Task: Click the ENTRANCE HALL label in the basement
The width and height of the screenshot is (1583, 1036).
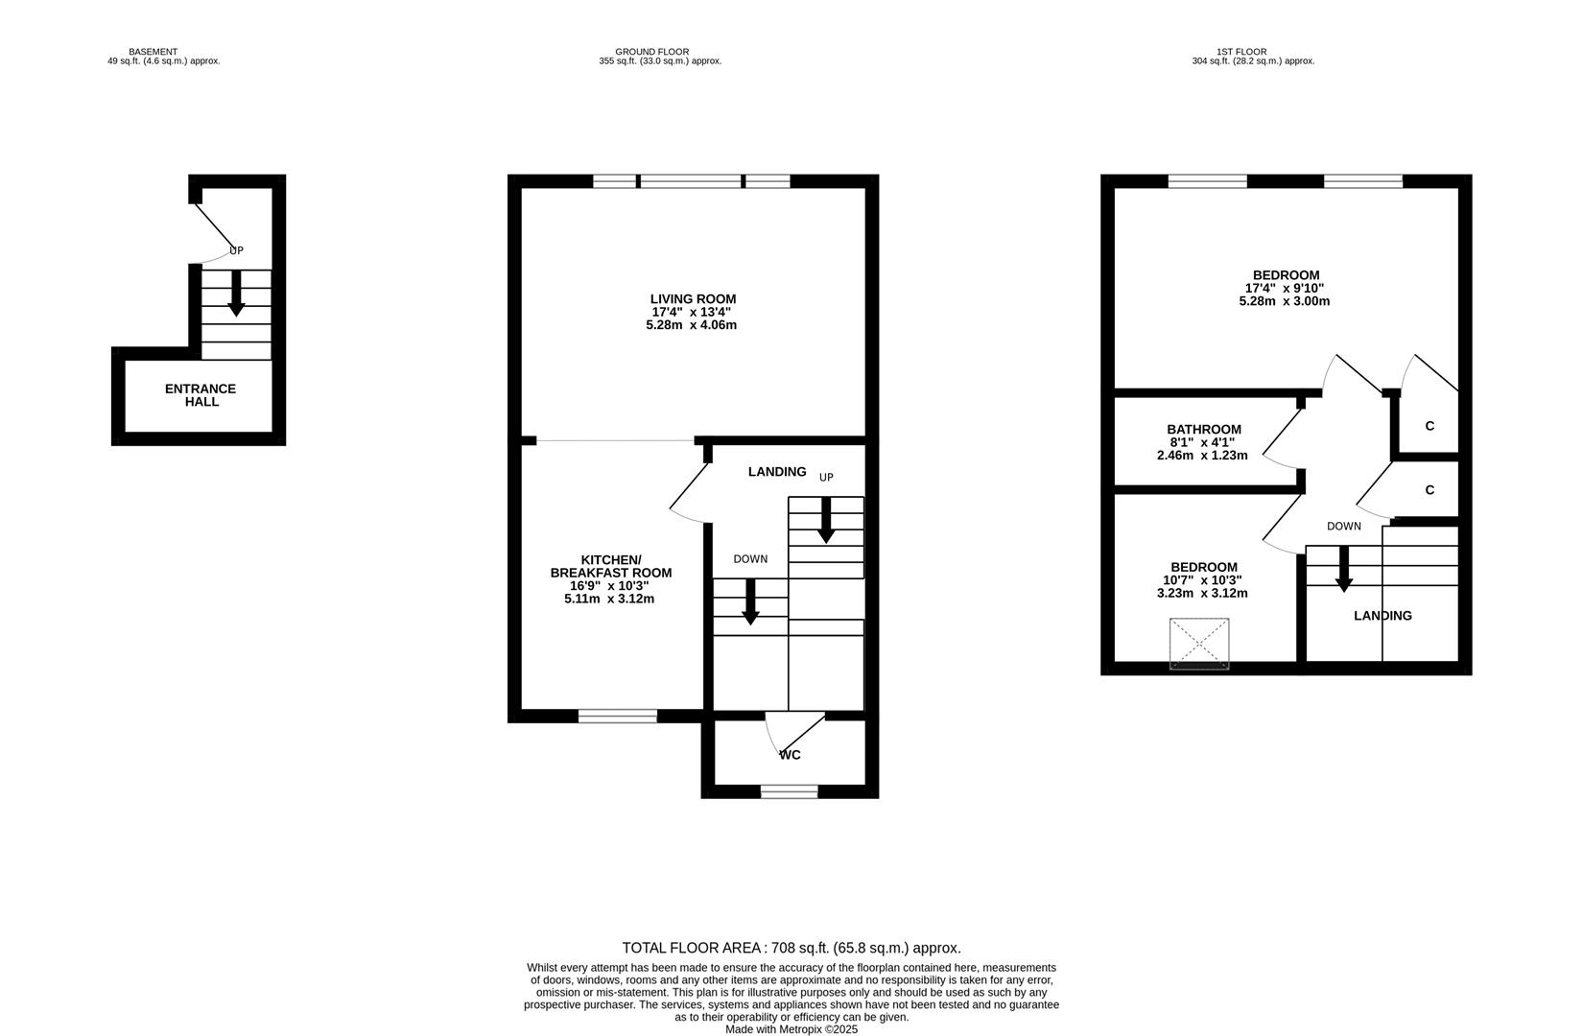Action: tap(201, 394)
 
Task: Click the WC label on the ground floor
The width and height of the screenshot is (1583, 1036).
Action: tap(790, 755)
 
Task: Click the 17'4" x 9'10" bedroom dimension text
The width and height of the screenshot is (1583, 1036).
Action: tap(1285, 288)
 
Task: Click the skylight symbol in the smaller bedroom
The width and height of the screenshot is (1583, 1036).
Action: tap(1199, 644)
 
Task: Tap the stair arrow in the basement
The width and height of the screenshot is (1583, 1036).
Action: tap(236, 294)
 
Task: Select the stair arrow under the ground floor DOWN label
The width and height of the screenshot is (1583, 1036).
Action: tap(751, 603)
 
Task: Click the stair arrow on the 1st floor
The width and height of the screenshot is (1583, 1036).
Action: tap(1344, 569)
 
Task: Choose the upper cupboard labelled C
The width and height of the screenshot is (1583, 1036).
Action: tap(1429, 426)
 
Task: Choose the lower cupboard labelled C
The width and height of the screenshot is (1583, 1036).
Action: tap(1429, 490)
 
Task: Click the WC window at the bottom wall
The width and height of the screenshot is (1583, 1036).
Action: tap(790, 791)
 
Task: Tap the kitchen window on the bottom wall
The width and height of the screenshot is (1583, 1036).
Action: tap(618, 716)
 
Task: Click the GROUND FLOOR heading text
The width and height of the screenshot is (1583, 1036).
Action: tap(651, 52)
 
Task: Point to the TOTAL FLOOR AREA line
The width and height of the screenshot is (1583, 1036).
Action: tap(791, 948)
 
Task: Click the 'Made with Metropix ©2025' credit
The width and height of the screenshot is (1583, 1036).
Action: tap(791, 1029)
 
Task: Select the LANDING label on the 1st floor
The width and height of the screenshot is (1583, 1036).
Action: tap(1382, 616)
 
